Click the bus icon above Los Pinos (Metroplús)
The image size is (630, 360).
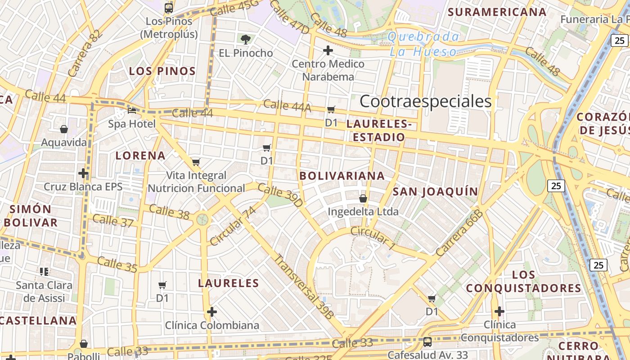point(169,8)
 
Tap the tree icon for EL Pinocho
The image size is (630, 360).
point(246,40)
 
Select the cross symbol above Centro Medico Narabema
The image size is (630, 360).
point(328,50)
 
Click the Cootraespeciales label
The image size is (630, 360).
point(426,102)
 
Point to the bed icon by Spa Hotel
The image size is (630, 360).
point(132,110)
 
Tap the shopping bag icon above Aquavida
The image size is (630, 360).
point(64,130)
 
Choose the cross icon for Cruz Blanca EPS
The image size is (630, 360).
point(83,173)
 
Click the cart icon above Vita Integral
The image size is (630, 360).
point(196,162)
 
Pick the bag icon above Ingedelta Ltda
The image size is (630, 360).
point(363,198)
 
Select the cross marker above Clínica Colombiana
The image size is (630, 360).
point(212,312)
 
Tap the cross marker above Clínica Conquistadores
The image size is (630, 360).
point(499,311)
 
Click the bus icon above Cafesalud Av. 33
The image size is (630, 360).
point(427,342)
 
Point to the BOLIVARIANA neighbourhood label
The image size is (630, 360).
point(342,176)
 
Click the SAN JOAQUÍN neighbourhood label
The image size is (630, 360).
point(435,192)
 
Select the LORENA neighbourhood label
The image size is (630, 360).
point(140,156)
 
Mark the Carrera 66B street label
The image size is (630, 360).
point(460,233)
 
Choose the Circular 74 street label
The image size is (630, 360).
point(233,226)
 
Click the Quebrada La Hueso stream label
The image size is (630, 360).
point(423,44)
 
